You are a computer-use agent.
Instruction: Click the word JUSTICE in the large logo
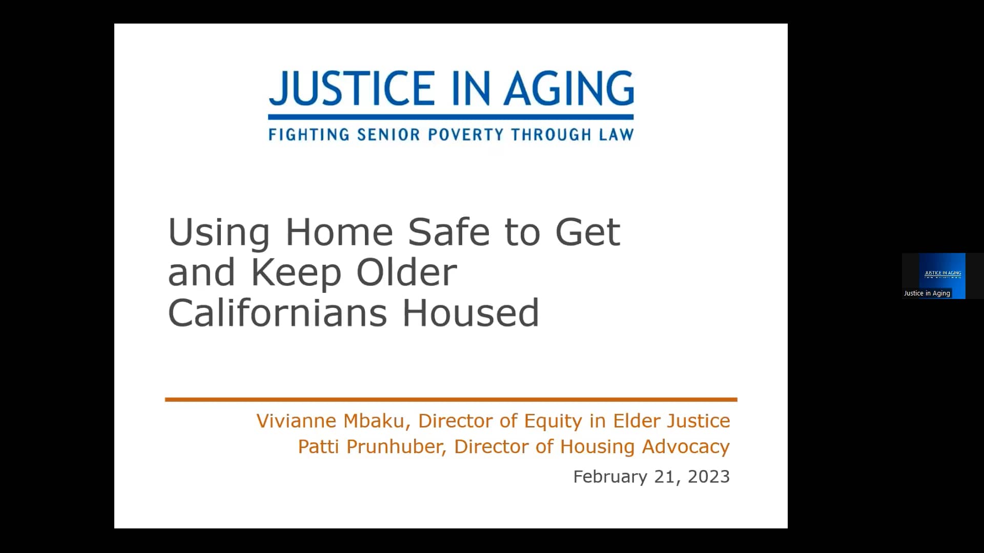[x=352, y=88]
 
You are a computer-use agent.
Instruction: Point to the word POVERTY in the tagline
[x=466, y=135]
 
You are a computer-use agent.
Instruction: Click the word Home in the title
[x=339, y=232]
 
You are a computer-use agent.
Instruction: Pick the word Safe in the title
[x=448, y=232]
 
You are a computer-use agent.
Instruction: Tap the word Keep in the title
[x=296, y=272]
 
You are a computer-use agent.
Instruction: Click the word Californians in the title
[x=277, y=313]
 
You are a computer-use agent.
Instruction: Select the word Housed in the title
[x=470, y=313]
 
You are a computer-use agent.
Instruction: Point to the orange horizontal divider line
[x=451, y=399]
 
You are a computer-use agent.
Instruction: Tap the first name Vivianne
[x=296, y=421]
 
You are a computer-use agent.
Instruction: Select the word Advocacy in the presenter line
[x=686, y=446]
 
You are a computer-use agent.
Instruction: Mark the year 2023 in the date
[x=708, y=477]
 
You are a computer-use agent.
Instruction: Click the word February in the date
[x=610, y=477]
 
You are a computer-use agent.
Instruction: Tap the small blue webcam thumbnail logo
[x=942, y=273]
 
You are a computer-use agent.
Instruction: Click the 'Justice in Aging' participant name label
[x=927, y=293]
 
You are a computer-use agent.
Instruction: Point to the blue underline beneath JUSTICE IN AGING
[x=451, y=117]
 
